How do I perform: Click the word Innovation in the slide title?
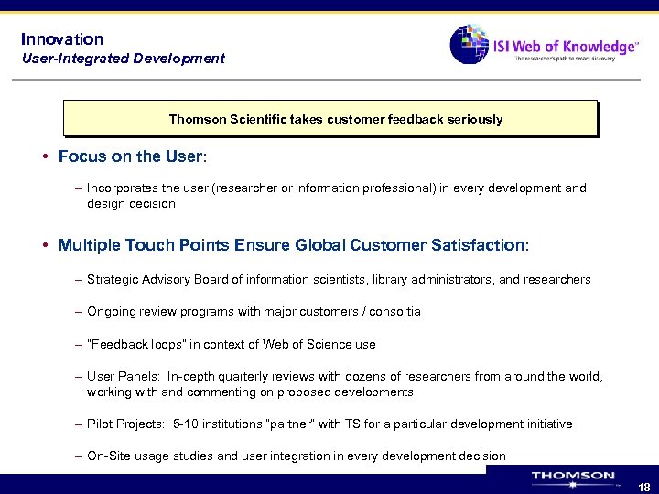click(62, 39)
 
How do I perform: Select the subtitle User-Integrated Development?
click(123, 59)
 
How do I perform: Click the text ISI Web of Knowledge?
click(564, 46)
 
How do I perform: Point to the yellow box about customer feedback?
click(329, 119)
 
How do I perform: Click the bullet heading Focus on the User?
click(133, 156)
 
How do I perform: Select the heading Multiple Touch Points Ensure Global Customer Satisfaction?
click(293, 245)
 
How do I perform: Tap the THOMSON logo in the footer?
click(573, 477)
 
